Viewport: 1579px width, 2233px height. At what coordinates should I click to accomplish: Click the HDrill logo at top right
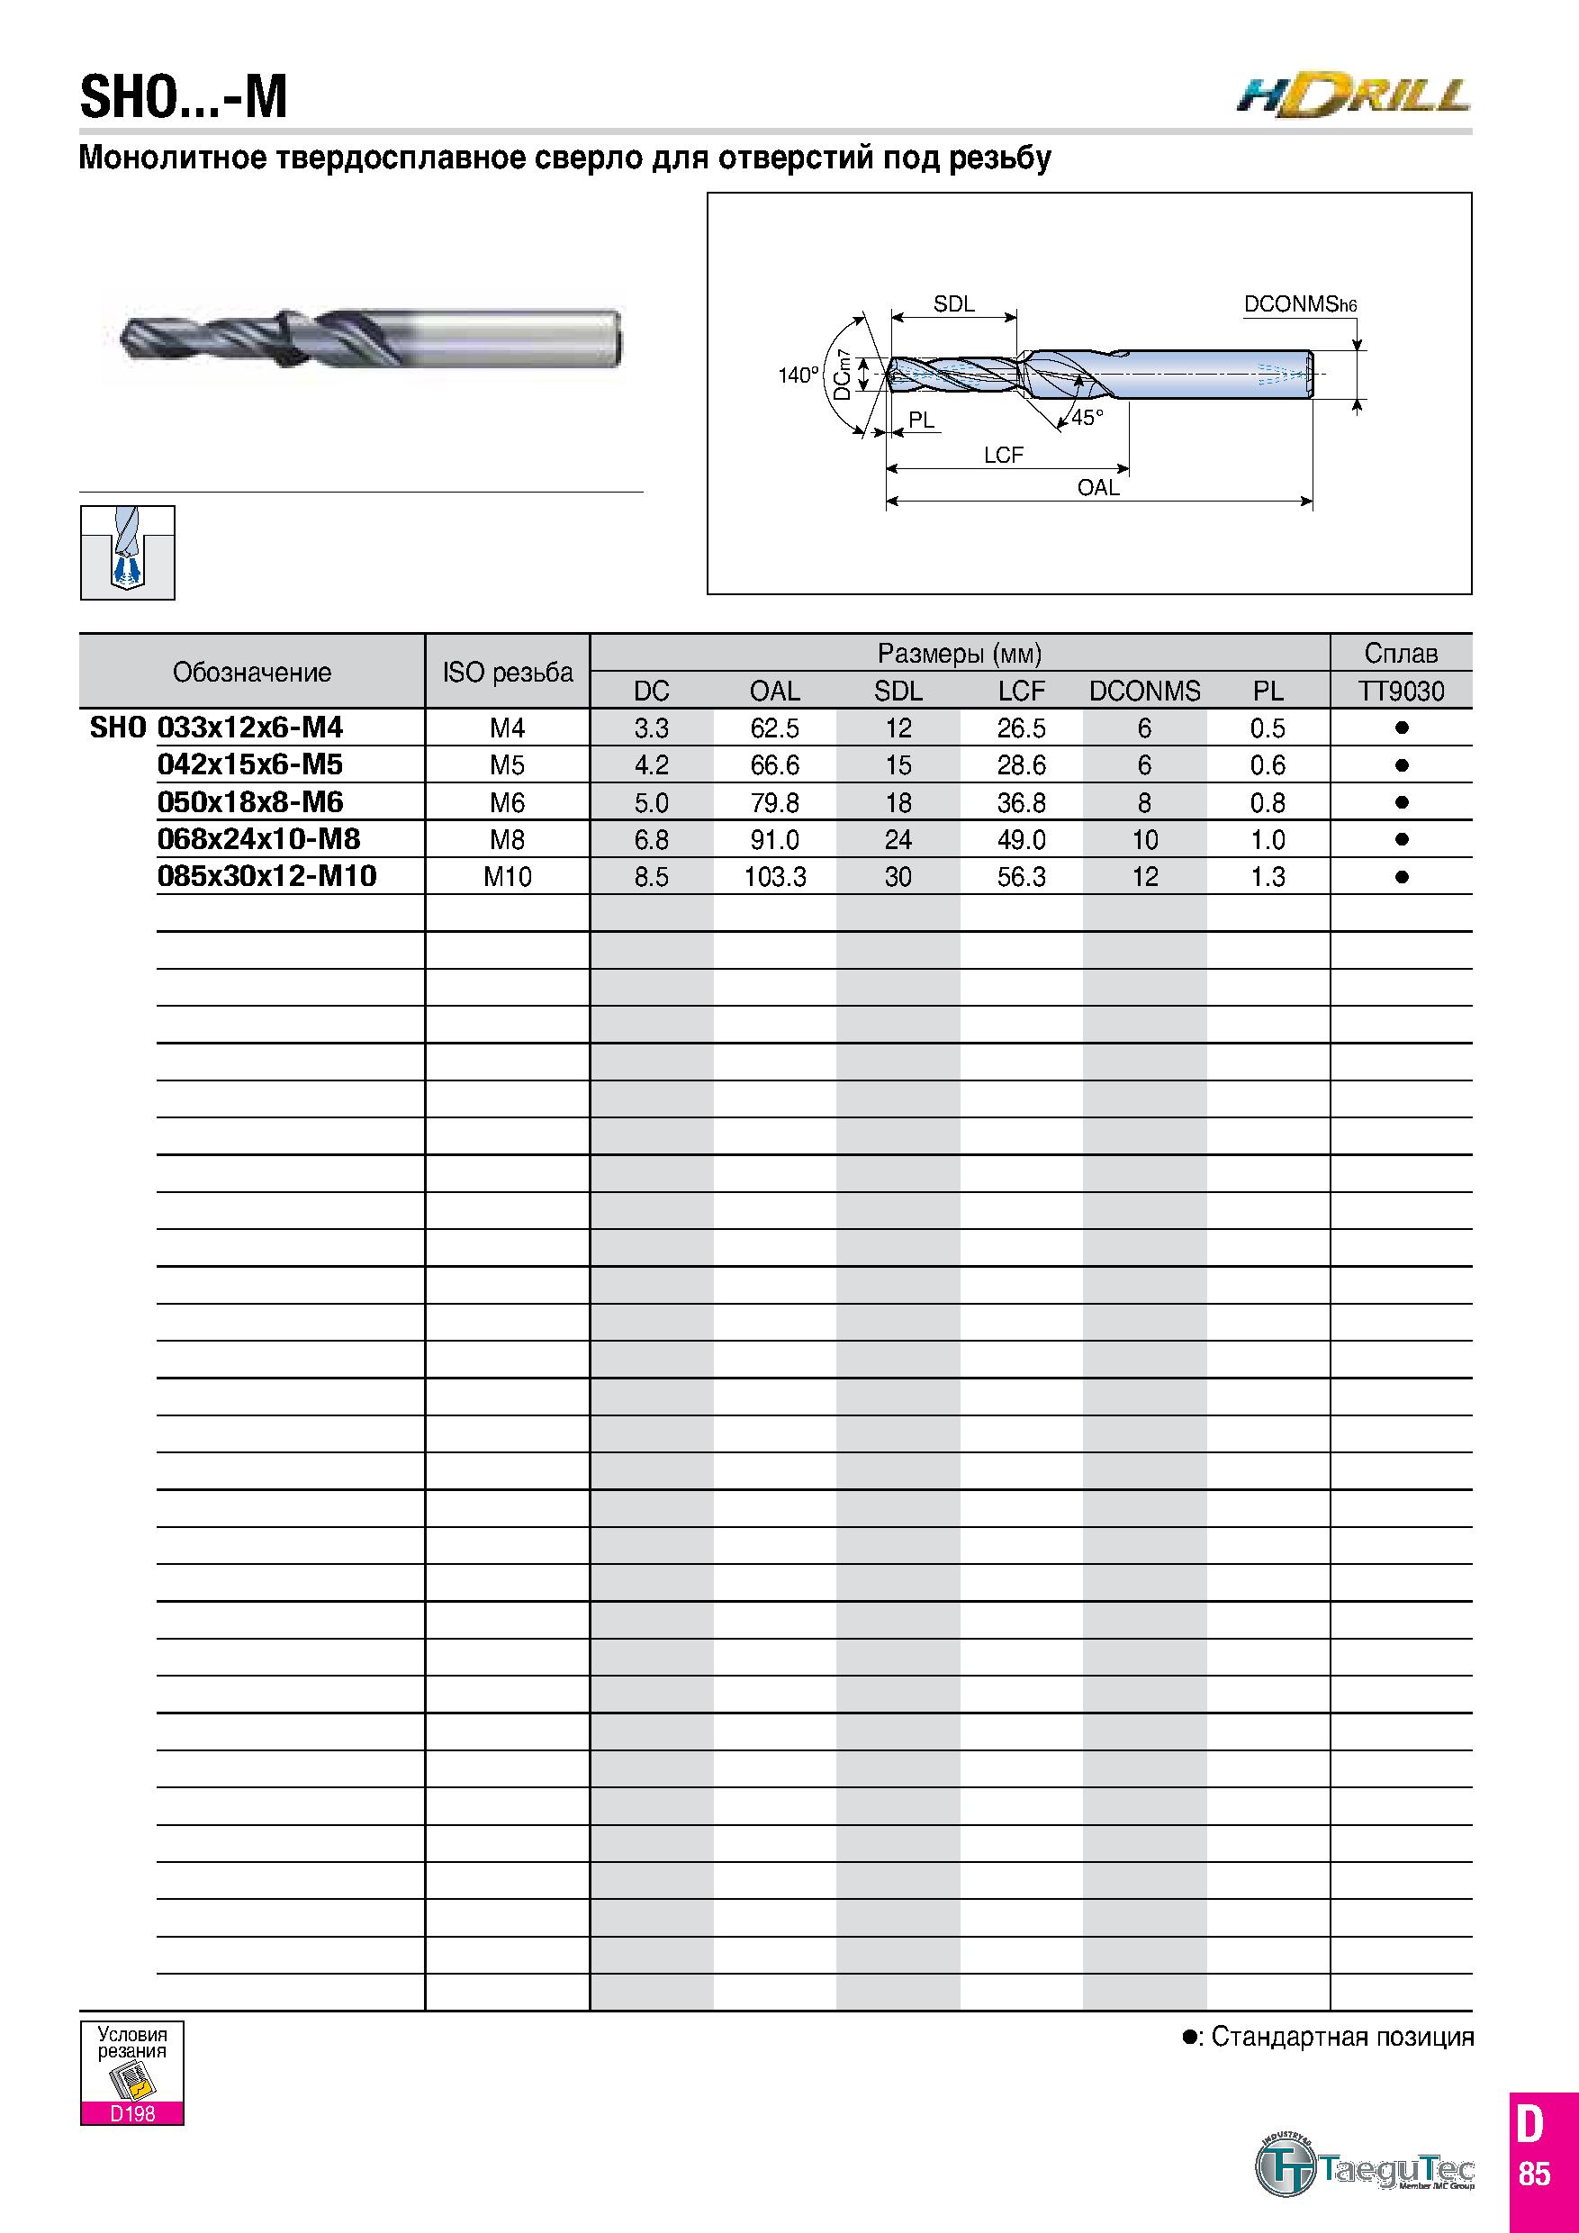(x=1353, y=98)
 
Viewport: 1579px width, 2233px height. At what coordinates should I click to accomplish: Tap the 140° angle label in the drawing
(x=799, y=375)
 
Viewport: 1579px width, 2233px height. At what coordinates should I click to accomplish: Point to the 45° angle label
(x=1088, y=417)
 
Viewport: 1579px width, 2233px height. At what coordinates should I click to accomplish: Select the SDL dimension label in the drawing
(x=954, y=303)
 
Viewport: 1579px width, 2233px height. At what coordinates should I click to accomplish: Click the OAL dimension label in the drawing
(x=1098, y=487)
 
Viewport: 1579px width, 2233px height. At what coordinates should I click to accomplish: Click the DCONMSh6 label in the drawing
(x=1300, y=304)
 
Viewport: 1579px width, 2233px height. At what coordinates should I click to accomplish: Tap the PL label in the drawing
(x=921, y=420)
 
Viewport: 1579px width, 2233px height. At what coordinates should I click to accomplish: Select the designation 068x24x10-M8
(x=258, y=838)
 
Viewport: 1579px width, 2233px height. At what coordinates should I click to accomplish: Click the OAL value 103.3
(x=775, y=876)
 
